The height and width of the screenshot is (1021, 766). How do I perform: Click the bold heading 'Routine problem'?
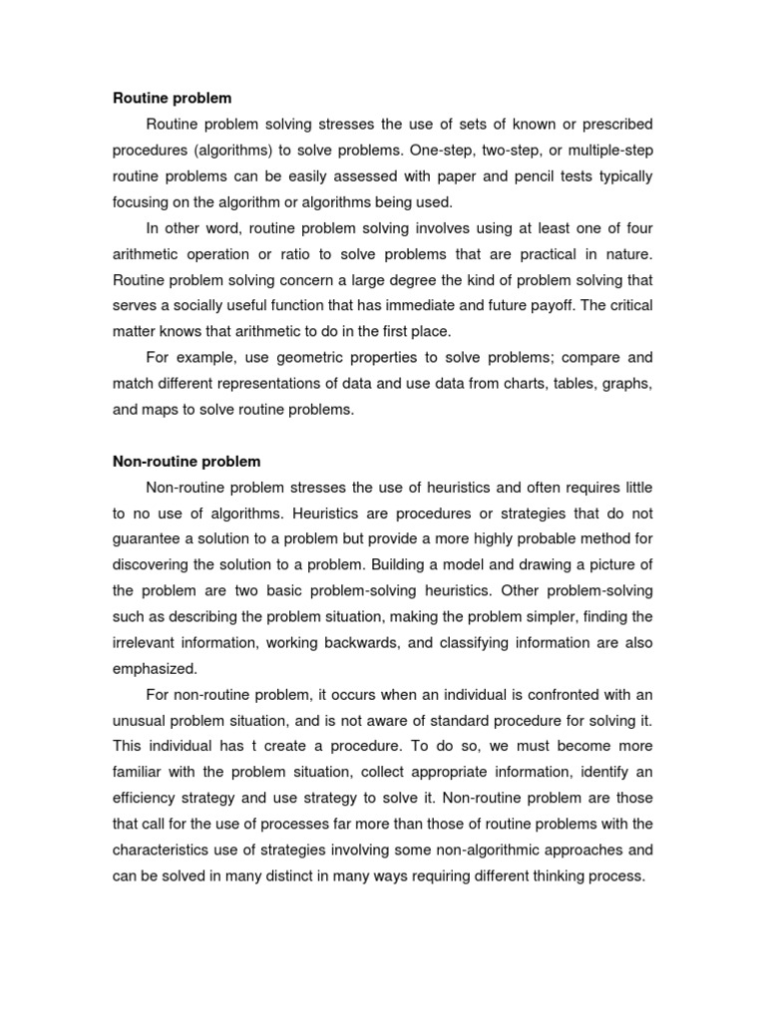click(x=172, y=98)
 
